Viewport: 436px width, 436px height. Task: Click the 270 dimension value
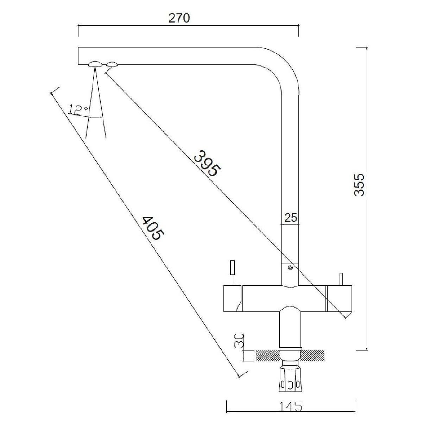point(179,18)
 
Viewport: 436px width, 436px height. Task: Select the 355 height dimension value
point(359,184)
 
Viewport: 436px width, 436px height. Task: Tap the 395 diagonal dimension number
point(207,163)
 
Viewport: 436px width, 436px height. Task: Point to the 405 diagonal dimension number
point(152,228)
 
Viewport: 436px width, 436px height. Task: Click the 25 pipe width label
point(291,218)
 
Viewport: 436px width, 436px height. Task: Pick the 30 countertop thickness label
point(239,341)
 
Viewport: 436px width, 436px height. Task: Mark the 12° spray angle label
point(78,109)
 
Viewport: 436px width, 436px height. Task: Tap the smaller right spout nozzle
point(112,64)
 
